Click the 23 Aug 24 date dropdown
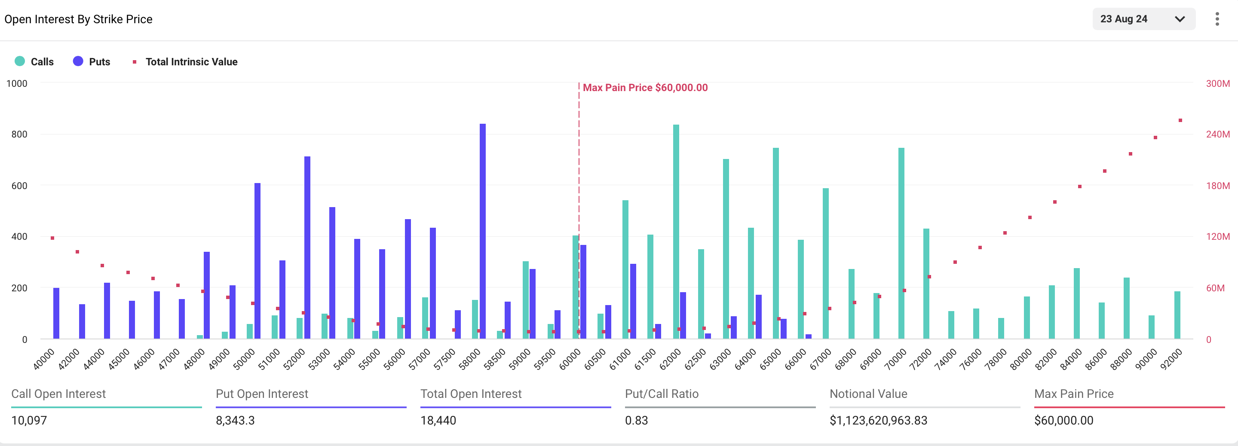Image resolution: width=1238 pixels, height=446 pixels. pos(1143,19)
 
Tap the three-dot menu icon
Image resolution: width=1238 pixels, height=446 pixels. pos(1217,19)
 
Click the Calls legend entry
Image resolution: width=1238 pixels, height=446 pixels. pos(34,61)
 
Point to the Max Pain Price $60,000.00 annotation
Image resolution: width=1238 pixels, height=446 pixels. pos(644,88)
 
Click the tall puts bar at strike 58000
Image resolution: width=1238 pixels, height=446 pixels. pos(482,231)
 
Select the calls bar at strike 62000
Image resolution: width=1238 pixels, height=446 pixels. pos(676,231)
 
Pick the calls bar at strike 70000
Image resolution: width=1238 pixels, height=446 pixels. pos(901,243)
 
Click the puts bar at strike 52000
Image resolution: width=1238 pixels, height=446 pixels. pos(307,247)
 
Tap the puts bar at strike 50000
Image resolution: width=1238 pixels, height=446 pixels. pos(257,261)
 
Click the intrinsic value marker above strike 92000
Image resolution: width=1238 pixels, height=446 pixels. pos(1180,121)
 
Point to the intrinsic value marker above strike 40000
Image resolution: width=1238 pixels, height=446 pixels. pos(52,238)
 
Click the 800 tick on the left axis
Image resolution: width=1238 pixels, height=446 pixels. pos(19,134)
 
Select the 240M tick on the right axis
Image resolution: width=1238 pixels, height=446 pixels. pos(1217,134)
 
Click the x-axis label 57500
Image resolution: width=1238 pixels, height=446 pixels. pos(444,359)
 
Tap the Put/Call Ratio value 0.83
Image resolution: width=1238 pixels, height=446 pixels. pos(636,421)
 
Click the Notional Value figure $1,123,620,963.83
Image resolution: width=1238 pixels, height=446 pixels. pos(878,421)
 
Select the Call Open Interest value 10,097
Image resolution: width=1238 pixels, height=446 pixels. pos(29,421)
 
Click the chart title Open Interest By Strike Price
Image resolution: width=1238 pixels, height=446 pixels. pos(78,19)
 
